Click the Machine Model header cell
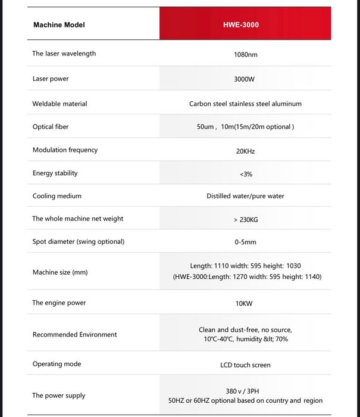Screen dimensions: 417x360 (x=59, y=25)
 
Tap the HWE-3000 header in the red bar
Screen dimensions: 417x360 (x=245, y=25)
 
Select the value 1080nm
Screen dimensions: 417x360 (x=246, y=54)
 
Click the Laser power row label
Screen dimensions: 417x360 (x=51, y=79)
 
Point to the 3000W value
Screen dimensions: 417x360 (x=245, y=79)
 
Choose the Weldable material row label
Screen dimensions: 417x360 (x=60, y=104)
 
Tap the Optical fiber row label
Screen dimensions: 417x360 (x=51, y=127)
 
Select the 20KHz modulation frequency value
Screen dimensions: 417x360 (x=245, y=151)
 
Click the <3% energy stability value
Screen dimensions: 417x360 (x=246, y=174)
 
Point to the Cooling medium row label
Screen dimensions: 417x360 (x=57, y=196)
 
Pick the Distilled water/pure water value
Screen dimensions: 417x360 (x=245, y=196)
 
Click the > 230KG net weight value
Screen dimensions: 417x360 (x=246, y=220)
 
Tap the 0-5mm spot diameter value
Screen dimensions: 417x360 (x=245, y=242)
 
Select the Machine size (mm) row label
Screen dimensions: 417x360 (x=60, y=272)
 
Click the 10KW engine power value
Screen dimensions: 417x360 (x=244, y=303)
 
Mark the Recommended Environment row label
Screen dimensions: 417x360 (x=74, y=335)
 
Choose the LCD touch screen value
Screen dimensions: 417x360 (x=245, y=365)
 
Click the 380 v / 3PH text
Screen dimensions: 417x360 (x=245, y=391)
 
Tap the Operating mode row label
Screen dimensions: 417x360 (x=57, y=364)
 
